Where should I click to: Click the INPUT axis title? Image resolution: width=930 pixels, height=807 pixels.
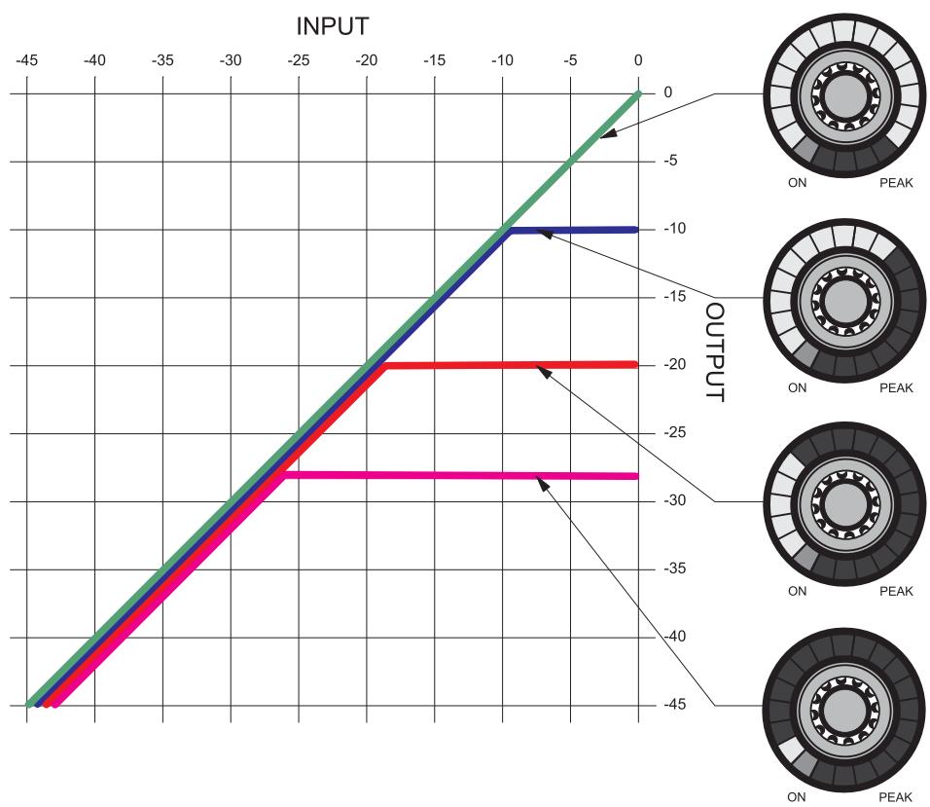tap(332, 26)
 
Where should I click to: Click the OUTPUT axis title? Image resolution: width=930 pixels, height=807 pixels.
tap(715, 352)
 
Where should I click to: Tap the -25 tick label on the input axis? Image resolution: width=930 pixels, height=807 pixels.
tap(299, 60)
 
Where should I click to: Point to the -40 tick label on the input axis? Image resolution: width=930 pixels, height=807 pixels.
tap(94, 60)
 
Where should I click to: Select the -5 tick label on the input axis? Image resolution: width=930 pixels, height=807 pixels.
tap(569, 60)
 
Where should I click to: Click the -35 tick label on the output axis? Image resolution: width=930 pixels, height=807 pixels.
tap(674, 569)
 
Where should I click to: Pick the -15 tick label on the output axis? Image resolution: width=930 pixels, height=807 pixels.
tap(674, 296)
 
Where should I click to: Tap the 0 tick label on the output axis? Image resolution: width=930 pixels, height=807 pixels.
tap(668, 92)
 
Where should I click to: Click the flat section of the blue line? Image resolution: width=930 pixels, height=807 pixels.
tap(574, 231)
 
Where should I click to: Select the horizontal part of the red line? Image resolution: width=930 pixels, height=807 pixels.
tap(512, 365)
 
